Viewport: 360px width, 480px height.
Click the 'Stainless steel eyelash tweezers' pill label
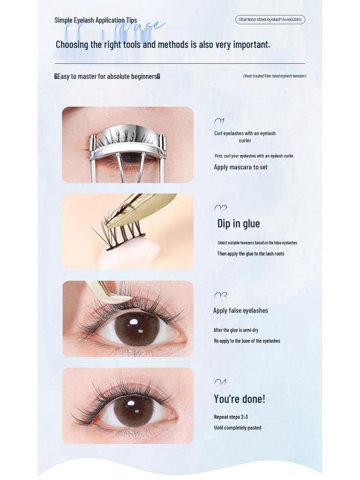270,20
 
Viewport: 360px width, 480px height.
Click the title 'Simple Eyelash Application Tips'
96,20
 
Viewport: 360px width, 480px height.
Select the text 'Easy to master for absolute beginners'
107,76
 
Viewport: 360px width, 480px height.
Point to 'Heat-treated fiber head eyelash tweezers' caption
275,76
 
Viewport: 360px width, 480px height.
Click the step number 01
219,121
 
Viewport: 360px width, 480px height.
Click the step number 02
220,208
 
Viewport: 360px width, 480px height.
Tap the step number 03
220,295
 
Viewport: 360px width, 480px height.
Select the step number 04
220,382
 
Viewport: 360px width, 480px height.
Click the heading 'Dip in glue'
238,224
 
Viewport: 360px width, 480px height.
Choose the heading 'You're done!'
239,399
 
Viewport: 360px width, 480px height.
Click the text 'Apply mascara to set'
240,167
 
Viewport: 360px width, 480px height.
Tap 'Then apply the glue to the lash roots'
250,254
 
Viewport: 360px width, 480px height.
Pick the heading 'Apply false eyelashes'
240,310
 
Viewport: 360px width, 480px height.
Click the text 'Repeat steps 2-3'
231,417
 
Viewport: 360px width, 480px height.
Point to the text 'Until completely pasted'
237,427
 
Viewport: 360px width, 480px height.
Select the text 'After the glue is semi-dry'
236,330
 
